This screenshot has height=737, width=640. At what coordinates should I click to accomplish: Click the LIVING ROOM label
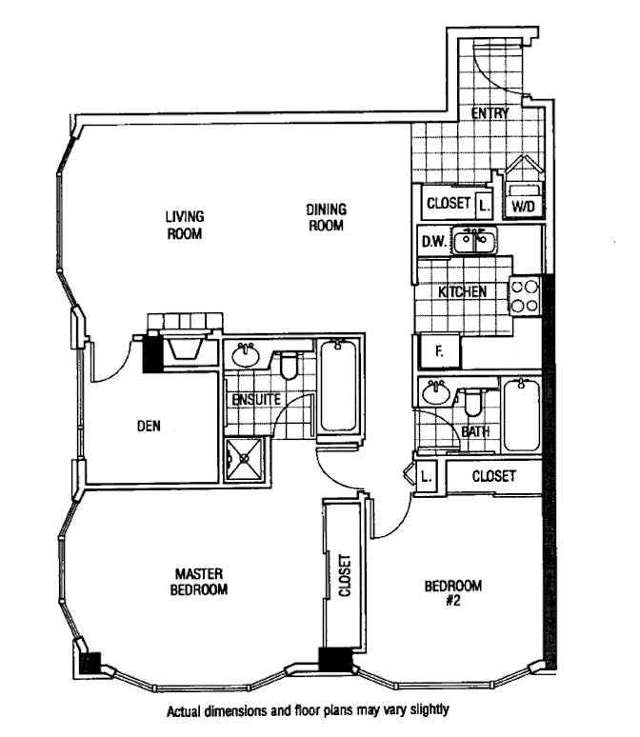pyautogui.click(x=185, y=225)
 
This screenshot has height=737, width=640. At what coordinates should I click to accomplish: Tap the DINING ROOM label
pyautogui.click(x=326, y=217)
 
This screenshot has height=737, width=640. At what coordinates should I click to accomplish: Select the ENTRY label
pyautogui.click(x=490, y=113)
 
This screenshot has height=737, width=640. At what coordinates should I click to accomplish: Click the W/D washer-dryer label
pyautogui.click(x=523, y=205)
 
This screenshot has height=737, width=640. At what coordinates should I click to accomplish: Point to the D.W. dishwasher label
pyautogui.click(x=433, y=243)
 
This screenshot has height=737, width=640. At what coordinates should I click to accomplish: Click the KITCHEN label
pyautogui.click(x=464, y=291)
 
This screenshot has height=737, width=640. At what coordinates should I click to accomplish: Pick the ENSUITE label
pyautogui.click(x=256, y=400)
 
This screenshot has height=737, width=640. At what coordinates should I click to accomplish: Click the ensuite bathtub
pyautogui.click(x=338, y=388)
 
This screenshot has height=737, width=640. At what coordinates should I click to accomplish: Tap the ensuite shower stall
pyautogui.click(x=247, y=460)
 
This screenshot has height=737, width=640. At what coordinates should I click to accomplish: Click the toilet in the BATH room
pyautogui.click(x=473, y=403)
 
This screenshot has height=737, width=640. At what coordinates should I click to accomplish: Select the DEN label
pyautogui.click(x=148, y=427)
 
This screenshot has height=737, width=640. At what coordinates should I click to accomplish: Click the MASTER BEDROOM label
pyautogui.click(x=199, y=581)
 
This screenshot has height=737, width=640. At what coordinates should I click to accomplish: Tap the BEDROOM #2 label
pyautogui.click(x=453, y=592)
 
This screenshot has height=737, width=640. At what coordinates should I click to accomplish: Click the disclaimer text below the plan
pyautogui.click(x=307, y=710)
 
